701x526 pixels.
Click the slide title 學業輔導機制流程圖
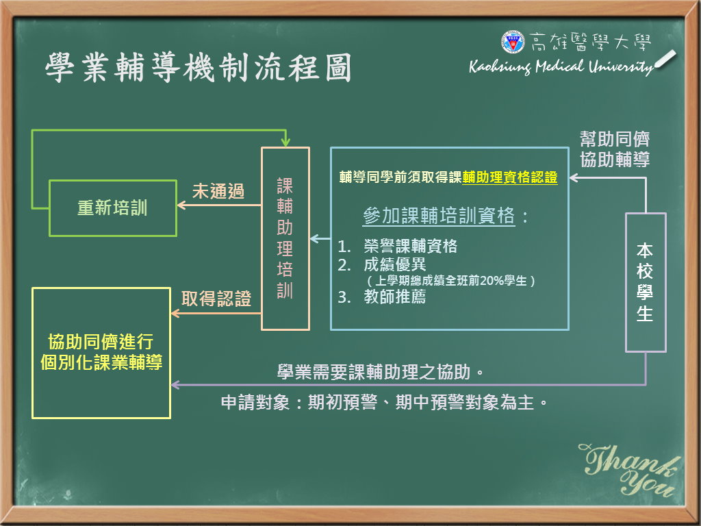tap(199, 67)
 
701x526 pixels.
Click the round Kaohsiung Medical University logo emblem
tap(513, 42)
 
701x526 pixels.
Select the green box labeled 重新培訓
tap(113, 208)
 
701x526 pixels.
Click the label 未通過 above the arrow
tap(218, 192)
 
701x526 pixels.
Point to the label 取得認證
tap(216, 299)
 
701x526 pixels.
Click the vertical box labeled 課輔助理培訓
tap(285, 238)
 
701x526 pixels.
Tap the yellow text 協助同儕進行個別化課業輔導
tap(101, 352)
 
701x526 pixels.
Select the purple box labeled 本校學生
tap(646, 283)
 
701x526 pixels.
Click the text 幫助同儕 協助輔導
tap(615, 149)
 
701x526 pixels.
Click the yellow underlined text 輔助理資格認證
tap(509, 177)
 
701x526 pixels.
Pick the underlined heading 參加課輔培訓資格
tap(439, 216)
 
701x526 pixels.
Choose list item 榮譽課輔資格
tap(411, 246)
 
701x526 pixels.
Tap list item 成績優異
tap(395, 265)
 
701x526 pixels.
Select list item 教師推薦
tap(395, 297)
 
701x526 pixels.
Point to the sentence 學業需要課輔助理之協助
tap(381, 372)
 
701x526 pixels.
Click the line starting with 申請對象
tap(385, 403)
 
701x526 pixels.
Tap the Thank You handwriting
tap(630, 470)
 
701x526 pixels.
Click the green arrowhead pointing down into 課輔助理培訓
tap(285, 142)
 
